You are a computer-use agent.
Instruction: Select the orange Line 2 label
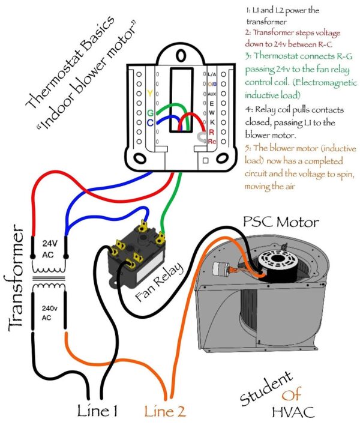coord(164,411)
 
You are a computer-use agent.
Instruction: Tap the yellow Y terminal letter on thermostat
coord(149,94)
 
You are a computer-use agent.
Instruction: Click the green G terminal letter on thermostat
coord(149,112)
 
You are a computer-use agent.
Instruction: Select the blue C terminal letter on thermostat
coord(149,122)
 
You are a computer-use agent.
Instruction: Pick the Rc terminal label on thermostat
coord(211,140)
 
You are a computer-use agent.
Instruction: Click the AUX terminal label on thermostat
coord(211,94)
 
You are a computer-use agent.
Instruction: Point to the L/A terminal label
coord(211,74)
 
